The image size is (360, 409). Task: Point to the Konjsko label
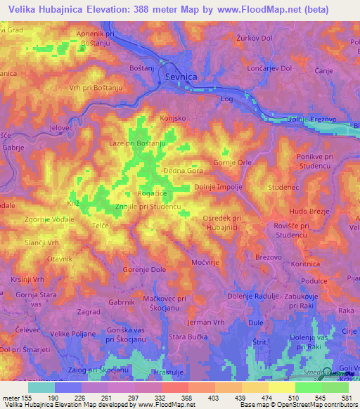[x=173, y=118]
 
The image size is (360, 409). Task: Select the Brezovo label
[x=269, y=258]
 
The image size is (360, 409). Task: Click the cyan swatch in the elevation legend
[x=41, y=387]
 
